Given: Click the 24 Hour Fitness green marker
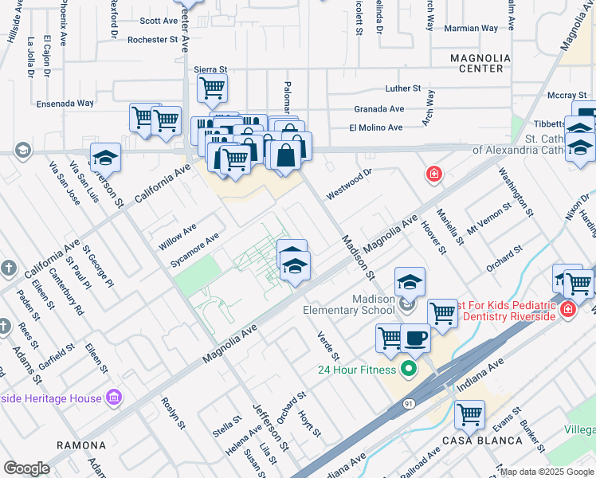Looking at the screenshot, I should click(x=410, y=369).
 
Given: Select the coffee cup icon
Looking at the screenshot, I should click(x=415, y=338).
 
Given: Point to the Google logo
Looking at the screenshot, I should click(x=26, y=468).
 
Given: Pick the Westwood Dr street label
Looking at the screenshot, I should click(x=349, y=183).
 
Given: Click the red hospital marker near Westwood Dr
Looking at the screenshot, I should click(x=433, y=174).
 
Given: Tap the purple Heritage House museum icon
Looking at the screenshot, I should click(x=113, y=397).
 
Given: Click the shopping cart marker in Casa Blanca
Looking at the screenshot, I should click(x=470, y=415).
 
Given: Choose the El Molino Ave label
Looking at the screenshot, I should click(x=376, y=127).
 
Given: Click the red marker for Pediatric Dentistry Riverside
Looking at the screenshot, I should click(x=568, y=308).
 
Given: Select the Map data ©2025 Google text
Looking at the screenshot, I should click(x=547, y=472).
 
